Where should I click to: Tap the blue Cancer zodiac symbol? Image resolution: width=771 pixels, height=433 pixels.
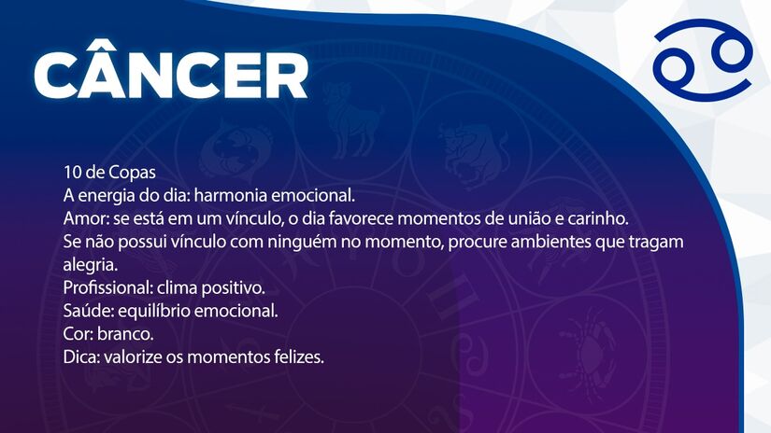tap(702, 67)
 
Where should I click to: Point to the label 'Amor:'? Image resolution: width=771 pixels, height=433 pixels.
tap(83, 218)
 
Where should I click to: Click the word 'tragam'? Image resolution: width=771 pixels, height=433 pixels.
tap(659, 242)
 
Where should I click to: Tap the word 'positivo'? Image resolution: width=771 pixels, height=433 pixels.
tap(235, 287)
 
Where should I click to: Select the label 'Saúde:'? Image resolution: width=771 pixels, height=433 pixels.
tap(86, 311)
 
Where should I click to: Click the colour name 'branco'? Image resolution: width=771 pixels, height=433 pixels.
tap(123, 334)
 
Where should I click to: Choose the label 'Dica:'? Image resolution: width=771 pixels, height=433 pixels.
tap(81, 357)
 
